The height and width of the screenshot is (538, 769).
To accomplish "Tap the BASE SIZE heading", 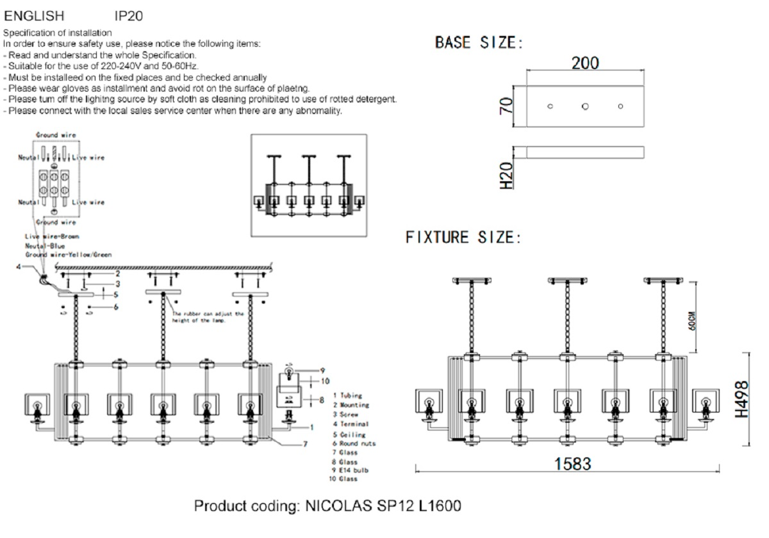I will (479, 44).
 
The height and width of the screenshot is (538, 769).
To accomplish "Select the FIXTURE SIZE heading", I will (464, 238).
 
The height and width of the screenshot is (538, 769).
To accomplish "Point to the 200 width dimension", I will (584, 63).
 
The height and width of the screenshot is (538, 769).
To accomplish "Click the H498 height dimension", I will (742, 398).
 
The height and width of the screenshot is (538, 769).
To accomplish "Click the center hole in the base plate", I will (585, 106).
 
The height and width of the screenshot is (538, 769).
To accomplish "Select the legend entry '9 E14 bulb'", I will (350, 470).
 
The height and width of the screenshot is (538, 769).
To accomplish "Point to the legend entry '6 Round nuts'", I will (354, 443).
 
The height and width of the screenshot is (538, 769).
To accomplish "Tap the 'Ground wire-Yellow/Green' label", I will (73, 255).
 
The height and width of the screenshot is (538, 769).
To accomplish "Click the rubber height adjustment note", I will (208, 317).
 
